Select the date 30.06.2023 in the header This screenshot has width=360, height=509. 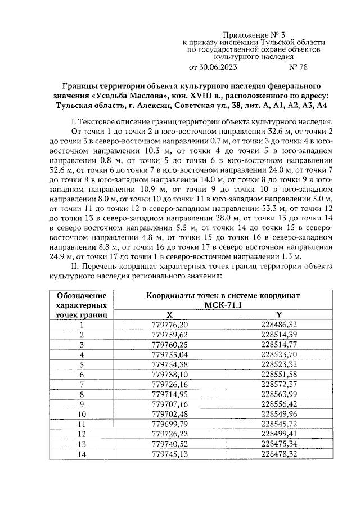pos(213,69)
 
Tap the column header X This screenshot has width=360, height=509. pos(170,315)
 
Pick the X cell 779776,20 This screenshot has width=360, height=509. pos(170,325)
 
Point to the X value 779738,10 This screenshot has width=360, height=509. pos(170,374)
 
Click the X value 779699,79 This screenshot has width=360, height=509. pos(170,424)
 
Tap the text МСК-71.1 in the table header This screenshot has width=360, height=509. pos(224,305)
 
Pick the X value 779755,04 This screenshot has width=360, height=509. pos(170,354)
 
